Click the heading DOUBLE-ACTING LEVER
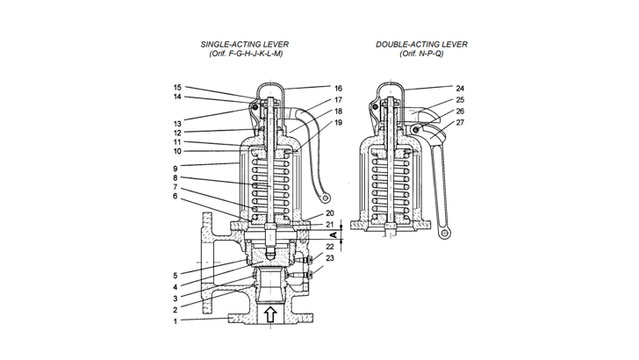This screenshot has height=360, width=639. pos(421,44)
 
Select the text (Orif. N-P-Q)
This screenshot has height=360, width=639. pos(420,54)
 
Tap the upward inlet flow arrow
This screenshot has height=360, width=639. pos(271,313)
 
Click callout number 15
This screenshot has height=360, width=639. pos(176,88)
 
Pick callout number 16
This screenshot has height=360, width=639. pos(337,89)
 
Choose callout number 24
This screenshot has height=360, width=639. pos(460,89)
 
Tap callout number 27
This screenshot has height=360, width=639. pos(460,122)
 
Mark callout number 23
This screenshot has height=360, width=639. pos(331,258)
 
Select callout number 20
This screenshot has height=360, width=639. pos(330,213)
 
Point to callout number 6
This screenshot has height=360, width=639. pos(176,197)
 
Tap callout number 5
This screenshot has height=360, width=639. pos(176,276)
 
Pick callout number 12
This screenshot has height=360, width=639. pos(176,133)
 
